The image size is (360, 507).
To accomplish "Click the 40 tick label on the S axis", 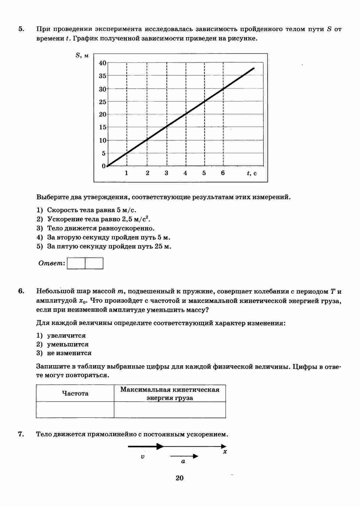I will (x=102, y=63).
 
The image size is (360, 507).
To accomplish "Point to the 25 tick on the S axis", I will (x=102, y=102).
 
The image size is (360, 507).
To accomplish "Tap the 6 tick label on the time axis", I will (x=223, y=173).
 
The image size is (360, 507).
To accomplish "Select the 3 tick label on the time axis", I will (x=166, y=173).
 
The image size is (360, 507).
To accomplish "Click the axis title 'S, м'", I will (x=82, y=55).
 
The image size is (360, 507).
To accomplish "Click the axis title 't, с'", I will (x=252, y=174).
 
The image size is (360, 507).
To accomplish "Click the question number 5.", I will (x=21, y=29).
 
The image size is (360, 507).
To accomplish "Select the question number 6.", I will (x=21, y=291).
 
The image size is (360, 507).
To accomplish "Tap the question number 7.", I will (x=21, y=434).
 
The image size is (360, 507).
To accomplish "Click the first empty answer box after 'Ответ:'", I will (x=76, y=263).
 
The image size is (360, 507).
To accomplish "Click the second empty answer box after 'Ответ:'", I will (x=94, y=263).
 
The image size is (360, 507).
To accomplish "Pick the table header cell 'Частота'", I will (x=75, y=393).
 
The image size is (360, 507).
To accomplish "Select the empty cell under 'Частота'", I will (x=75, y=410).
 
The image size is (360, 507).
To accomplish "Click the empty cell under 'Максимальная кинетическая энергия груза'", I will (x=170, y=410).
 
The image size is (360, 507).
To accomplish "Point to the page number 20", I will (x=179, y=478).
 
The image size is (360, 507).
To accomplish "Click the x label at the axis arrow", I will (x=225, y=452).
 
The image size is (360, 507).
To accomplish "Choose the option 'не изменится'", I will (x=69, y=353).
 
